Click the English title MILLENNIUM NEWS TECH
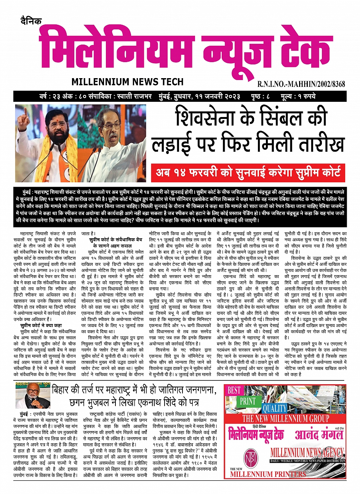click(127, 82)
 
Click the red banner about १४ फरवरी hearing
click(248, 173)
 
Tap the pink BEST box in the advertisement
click(235, 390)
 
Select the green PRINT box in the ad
click(248, 401)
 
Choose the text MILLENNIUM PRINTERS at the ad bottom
click(268, 474)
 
